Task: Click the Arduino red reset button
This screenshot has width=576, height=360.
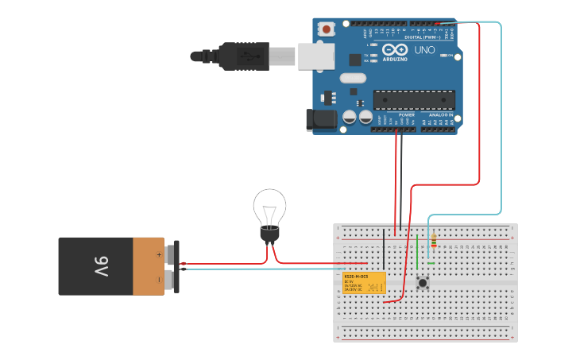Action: [327, 29]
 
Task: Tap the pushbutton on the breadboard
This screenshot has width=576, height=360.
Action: [423, 283]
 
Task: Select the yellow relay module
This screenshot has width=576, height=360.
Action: [364, 282]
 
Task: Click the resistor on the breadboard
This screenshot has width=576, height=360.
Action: [433, 239]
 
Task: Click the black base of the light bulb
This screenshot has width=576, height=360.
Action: [270, 234]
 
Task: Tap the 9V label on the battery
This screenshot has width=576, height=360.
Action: [101, 266]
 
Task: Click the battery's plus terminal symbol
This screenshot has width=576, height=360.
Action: [159, 254]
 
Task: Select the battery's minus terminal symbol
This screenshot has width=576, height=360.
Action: [159, 279]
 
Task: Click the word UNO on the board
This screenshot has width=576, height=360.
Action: [424, 50]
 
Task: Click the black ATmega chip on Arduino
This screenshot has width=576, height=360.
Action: [414, 100]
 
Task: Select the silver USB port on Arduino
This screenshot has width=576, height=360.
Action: [315, 56]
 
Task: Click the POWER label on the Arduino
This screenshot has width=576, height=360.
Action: [406, 114]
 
